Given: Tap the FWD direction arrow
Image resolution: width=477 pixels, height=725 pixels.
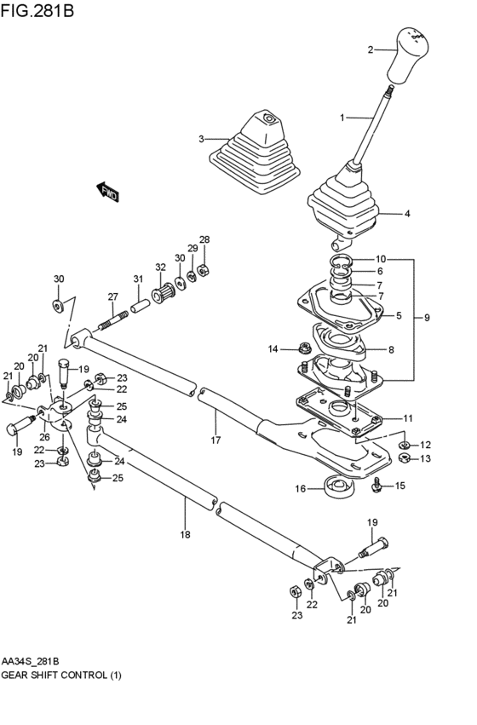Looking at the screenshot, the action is [107, 192].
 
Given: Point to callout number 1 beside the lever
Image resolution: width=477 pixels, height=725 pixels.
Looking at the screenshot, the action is [342, 118].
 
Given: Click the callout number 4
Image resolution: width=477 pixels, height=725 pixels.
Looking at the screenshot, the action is [407, 214].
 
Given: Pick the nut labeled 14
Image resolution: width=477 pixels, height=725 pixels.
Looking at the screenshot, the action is [303, 347].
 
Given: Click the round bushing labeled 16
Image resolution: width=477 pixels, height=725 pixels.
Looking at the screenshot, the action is [339, 486].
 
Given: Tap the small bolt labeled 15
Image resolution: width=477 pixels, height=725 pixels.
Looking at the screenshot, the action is [377, 485].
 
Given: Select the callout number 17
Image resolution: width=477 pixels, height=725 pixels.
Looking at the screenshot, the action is [216, 440].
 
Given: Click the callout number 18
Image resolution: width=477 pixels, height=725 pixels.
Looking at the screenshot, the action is [185, 535].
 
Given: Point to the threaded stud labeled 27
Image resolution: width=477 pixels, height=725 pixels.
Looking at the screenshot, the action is [113, 320].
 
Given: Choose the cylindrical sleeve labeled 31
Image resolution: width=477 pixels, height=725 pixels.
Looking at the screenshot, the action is [141, 306].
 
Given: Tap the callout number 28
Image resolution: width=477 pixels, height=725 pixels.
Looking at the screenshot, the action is [204, 239].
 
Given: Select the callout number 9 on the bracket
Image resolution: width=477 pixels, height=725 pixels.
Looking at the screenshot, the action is [427, 318].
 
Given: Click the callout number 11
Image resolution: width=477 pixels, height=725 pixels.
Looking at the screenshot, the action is [407, 419].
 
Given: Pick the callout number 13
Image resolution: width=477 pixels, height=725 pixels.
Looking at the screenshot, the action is [425, 458].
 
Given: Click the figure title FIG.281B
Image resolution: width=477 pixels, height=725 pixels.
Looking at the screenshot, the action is [37, 9].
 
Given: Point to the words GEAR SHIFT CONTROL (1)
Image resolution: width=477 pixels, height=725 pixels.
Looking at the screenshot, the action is [61, 676].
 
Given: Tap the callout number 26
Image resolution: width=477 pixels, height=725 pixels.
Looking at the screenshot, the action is [44, 436].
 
